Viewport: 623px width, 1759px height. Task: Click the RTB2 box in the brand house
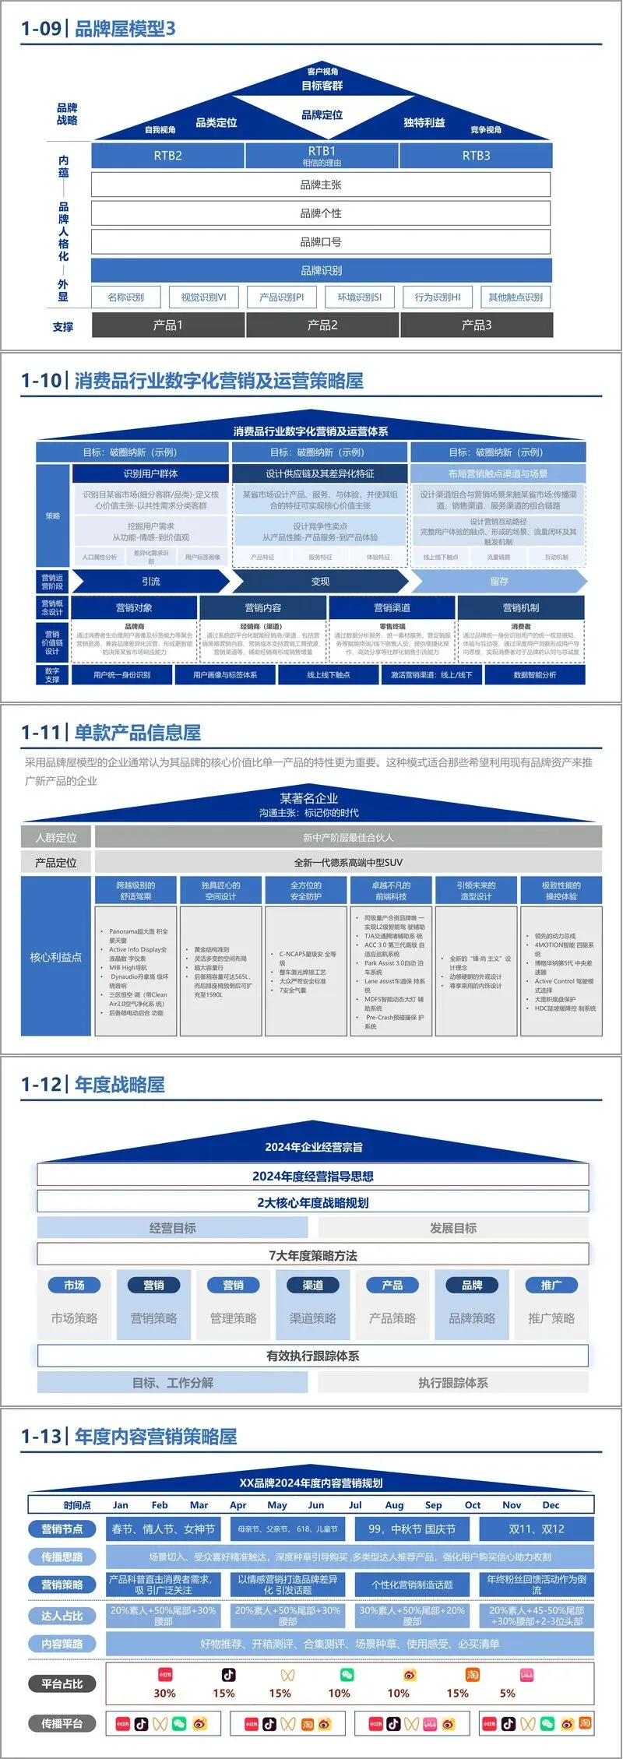point(167,155)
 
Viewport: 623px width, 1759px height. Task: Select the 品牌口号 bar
point(321,241)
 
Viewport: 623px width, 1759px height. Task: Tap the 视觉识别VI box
point(203,297)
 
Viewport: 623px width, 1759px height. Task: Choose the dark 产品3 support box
point(477,325)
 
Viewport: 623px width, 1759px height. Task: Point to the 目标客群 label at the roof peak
point(322,86)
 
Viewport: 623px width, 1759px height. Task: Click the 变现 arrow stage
point(320,581)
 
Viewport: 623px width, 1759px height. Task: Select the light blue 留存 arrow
point(499,581)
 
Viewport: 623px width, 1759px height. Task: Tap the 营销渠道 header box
point(392,607)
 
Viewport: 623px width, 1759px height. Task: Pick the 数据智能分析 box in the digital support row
point(534,674)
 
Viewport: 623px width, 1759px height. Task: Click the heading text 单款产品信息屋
point(138,732)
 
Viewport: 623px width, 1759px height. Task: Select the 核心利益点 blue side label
point(56,956)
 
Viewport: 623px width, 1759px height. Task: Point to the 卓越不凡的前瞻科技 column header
point(391,891)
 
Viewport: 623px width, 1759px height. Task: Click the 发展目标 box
point(453,1228)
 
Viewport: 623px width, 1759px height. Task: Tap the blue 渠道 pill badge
point(312,1286)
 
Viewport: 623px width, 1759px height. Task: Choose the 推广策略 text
point(551,1318)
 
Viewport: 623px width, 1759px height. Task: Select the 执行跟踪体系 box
point(453,1382)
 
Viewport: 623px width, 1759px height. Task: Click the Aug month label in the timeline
point(394,1505)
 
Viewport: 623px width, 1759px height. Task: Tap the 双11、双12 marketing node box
point(537,1529)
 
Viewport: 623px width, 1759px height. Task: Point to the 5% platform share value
point(508,1693)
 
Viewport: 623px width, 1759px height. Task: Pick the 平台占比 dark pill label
point(62,1683)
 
